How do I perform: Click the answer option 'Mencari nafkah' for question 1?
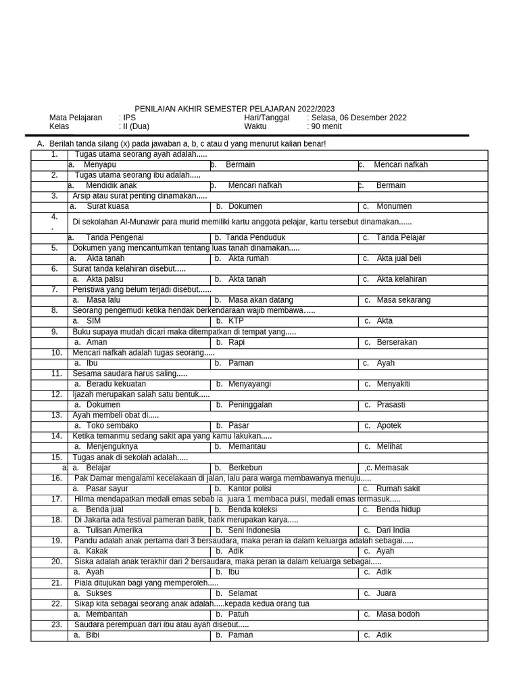click(x=400, y=165)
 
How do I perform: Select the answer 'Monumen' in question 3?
click(x=394, y=206)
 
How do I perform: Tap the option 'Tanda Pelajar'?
click(x=401, y=237)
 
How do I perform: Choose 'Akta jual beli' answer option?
click(x=399, y=258)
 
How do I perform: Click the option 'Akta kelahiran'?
click(x=401, y=279)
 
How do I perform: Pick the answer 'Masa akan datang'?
click(x=260, y=300)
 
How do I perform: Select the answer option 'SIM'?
click(x=93, y=321)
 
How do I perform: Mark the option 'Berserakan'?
click(x=397, y=342)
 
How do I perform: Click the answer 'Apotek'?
click(x=389, y=426)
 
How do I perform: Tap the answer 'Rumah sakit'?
click(x=398, y=489)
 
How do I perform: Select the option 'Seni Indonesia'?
click(x=254, y=530)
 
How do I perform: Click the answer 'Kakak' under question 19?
click(x=97, y=551)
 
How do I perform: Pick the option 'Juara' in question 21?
click(x=387, y=593)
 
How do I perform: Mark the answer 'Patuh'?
click(x=239, y=614)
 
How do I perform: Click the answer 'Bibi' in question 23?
click(x=93, y=635)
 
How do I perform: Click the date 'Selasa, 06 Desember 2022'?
click(x=359, y=118)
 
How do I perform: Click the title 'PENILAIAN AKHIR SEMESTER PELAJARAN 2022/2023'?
click(x=234, y=109)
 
